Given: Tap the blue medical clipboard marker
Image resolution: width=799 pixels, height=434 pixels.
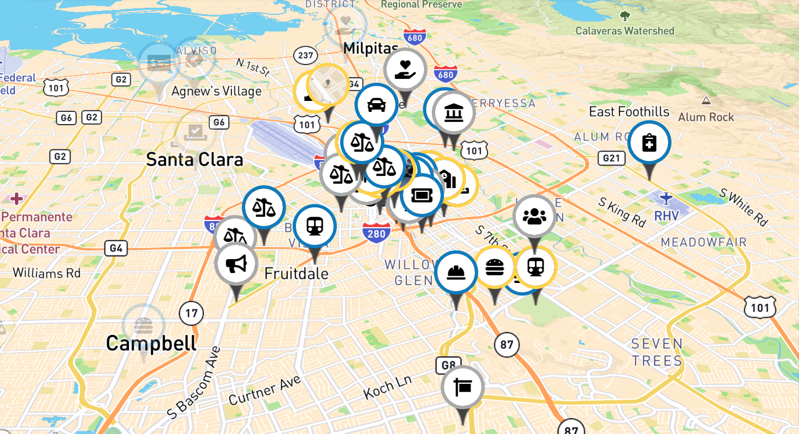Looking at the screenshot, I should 649,143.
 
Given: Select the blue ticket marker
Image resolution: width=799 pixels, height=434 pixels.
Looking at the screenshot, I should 422,195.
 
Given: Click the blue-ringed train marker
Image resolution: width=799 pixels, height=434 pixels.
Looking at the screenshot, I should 315,226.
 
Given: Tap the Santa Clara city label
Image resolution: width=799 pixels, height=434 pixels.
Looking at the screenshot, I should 194,160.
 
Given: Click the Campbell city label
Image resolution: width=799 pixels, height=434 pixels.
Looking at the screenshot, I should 151,343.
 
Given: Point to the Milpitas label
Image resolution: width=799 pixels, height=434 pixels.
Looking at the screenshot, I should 371,49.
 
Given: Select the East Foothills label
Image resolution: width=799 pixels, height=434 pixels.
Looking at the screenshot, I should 629,112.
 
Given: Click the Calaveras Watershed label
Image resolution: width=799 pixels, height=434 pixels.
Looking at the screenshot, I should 625,31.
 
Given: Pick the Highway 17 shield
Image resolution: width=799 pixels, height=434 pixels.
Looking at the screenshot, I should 191,314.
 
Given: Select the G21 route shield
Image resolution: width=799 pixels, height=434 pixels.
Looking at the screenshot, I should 611,159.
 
